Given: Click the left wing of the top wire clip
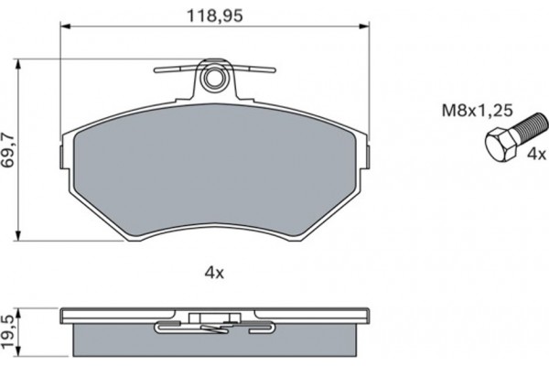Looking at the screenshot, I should tap(174, 69).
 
